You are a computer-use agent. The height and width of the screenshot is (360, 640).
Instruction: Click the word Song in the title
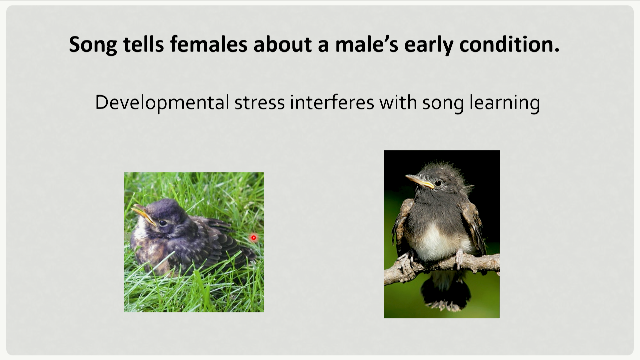(x=93, y=45)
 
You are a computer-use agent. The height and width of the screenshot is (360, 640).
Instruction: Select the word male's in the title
(x=367, y=44)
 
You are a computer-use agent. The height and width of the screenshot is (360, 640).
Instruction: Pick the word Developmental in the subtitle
(x=162, y=103)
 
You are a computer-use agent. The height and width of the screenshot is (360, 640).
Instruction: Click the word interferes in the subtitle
(x=332, y=103)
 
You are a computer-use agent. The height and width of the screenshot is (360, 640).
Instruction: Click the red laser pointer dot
(x=254, y=238)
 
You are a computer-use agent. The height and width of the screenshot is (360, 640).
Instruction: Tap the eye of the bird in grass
(x=163, y=222)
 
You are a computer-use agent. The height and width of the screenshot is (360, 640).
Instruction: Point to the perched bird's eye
(x=438, y=183)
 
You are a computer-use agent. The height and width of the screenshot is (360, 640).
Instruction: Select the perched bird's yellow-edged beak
(x=420, y=181)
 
